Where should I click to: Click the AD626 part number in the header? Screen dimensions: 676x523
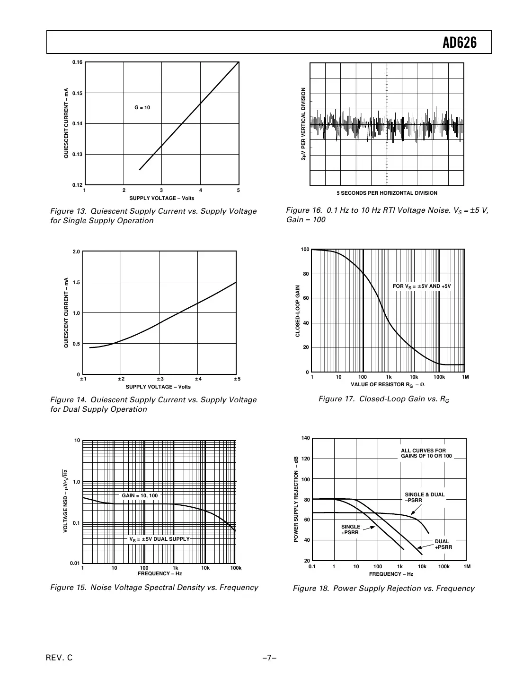[x=459, y=43]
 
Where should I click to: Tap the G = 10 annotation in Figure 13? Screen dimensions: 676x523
[x=142, y=108]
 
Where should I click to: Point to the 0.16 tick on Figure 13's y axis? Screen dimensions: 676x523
[x=77, y=62]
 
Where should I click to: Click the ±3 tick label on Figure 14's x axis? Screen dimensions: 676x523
[x=160, y=379]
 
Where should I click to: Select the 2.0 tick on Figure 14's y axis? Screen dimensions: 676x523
[x=76, y=252]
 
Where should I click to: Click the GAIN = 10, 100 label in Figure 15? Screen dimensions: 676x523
[x=140, y=495]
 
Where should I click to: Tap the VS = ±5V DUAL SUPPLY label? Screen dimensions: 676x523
[x=160, y=539]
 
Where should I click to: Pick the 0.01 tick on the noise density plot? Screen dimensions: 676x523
[x=74, y=563]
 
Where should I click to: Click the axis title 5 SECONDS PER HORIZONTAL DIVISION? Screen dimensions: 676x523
[x=387, y=193]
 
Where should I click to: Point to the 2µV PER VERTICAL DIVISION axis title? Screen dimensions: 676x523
[x=304, y=124]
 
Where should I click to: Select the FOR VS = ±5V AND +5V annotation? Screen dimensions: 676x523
[x=422, y=286]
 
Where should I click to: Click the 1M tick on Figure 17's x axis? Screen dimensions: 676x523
[x=465, y=377]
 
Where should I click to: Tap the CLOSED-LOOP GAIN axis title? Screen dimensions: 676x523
[x=298, y=311]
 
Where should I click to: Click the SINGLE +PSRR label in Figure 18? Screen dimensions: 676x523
[x=351, y=529]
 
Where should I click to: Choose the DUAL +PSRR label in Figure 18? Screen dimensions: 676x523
[x=443, y=544]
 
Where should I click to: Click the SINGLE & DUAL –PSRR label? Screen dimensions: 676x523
[x=425, y=497]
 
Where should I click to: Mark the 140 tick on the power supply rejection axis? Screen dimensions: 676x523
[x=305, y=438]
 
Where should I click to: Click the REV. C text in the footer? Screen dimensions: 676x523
[x=59, y=658]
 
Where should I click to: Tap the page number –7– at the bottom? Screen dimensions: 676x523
[x=269, y=658]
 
